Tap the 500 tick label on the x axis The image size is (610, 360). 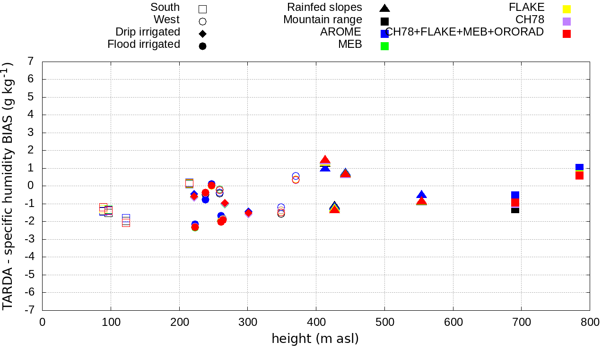tap(384, 323)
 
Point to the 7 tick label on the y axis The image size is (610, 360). tap(31, 62)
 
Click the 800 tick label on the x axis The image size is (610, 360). tap(590, 323)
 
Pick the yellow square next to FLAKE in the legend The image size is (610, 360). tap(567, 9)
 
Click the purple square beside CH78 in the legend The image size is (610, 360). tap(567, 21)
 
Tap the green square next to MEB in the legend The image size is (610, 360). tap(384, 46)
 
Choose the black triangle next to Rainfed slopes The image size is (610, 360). tap(384, 8)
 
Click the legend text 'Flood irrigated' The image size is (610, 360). tap(144, 45)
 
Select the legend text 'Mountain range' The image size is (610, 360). tap(322, 20)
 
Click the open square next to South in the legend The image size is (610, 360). tap(203, 9)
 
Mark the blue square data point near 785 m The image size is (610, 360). tap(579, 168)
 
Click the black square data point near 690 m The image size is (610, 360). tap(515, 209)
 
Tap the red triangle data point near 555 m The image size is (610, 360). tap(421, 201)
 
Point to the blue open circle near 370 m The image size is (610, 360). tap(296, 176)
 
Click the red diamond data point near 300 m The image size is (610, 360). tap(248, 213)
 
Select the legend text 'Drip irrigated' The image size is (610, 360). tap(148, 32)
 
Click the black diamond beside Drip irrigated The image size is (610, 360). tap(203, 34)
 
